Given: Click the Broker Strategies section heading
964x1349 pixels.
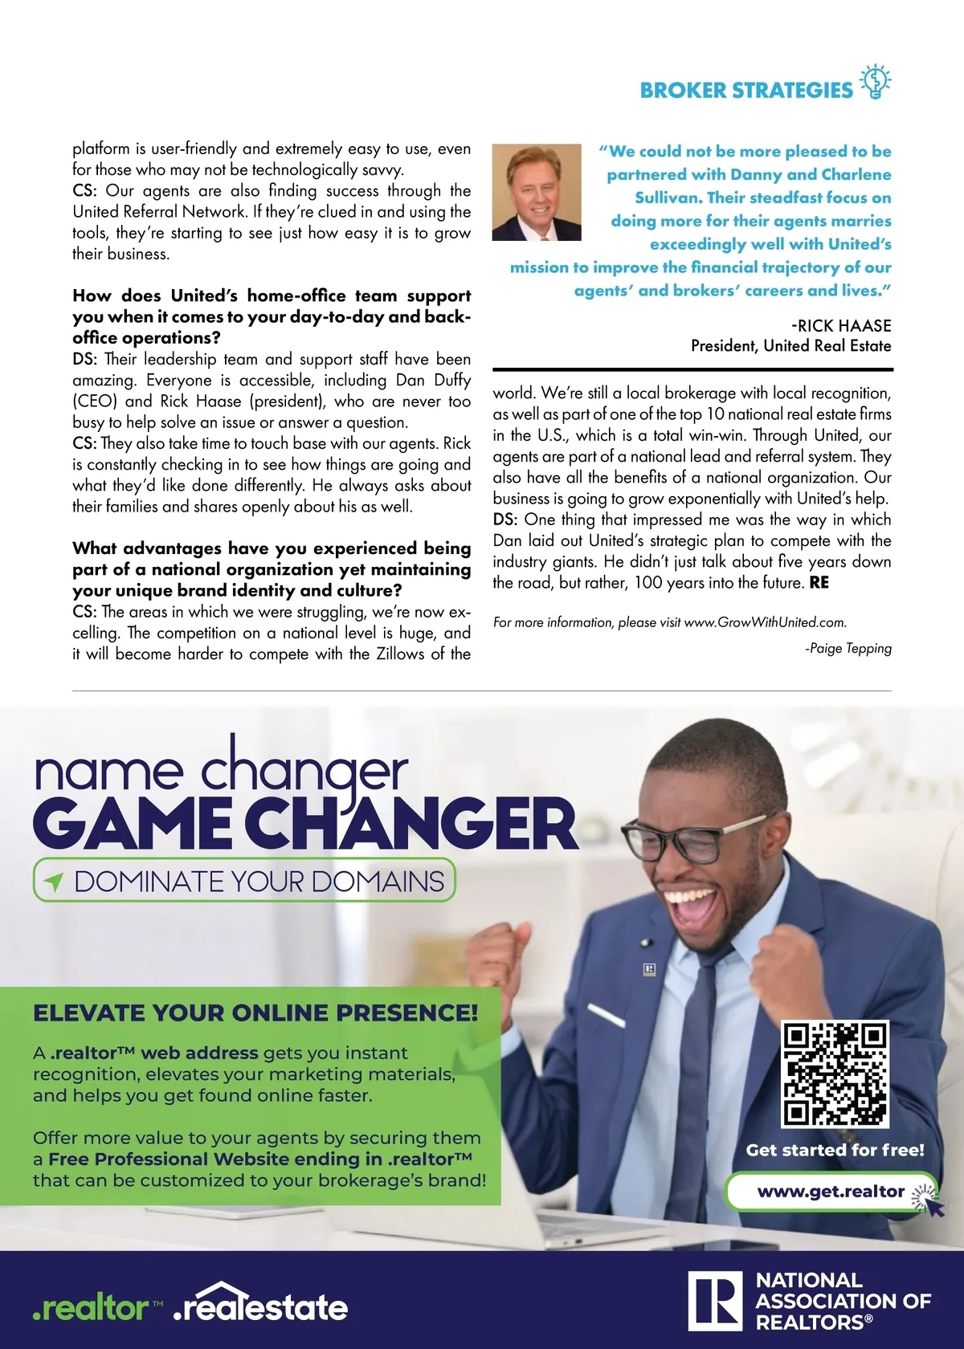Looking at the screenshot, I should tap(745, 90).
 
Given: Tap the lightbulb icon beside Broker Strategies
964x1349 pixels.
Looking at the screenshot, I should tap(876, 82).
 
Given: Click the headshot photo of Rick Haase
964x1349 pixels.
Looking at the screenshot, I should tap(536, 193).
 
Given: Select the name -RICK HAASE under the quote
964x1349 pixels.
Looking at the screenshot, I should tap(841, 325).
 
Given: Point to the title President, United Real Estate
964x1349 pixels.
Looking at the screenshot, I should tap(790, 346).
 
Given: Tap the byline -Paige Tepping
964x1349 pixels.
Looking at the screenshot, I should tap(848, 648).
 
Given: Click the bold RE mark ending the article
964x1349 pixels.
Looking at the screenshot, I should tap(819, 583).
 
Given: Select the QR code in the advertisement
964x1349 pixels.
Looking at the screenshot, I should tap(835, 1074).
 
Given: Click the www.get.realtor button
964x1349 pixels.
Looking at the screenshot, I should tap(831, 1192).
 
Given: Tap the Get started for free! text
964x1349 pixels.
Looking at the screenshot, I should tap(835, 1150).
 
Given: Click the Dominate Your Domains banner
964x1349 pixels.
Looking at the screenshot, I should tap(244, 881).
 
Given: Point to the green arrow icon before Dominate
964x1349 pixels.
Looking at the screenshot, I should tap(54, 882).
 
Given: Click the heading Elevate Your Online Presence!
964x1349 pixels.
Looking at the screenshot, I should tap(255, 1013).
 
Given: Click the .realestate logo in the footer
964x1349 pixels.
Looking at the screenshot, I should tap(261, 1305).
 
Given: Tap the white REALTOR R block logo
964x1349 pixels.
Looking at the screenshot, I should tap(714, 1301).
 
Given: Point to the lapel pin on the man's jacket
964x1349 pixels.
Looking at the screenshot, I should tap(650, 970).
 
